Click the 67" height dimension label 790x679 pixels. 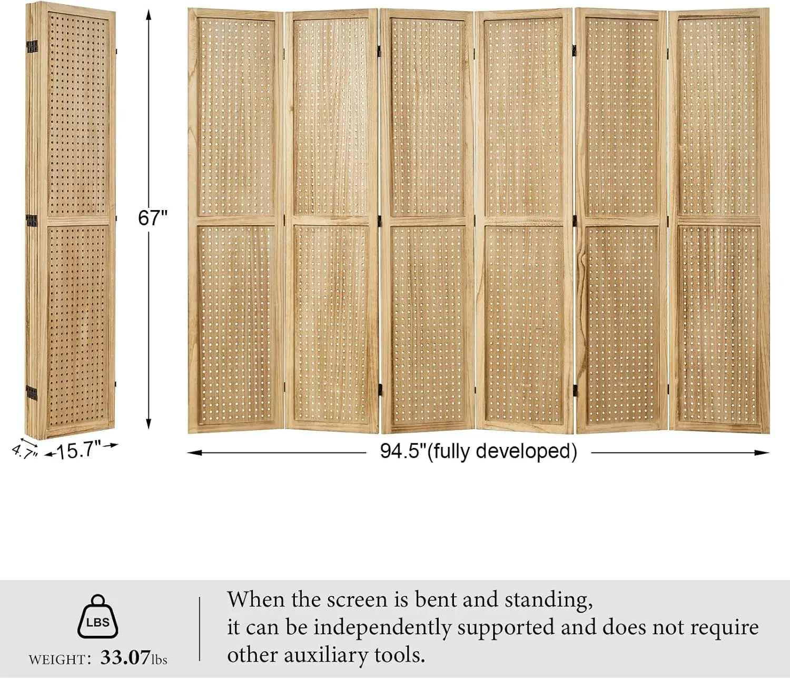(153, 218)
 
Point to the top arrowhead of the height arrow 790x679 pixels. (149, 15)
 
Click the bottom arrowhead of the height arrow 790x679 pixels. (149, 424)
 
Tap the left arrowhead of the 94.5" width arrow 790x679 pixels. (194, 453)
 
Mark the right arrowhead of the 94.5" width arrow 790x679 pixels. (762, 453)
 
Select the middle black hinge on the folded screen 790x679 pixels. (32, 221)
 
